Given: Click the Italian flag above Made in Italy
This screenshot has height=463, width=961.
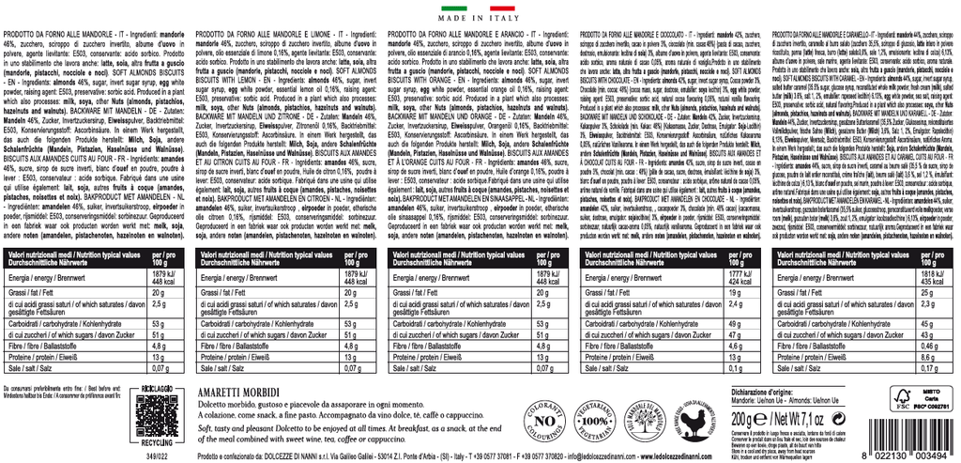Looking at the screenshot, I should (x=480, y=6).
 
